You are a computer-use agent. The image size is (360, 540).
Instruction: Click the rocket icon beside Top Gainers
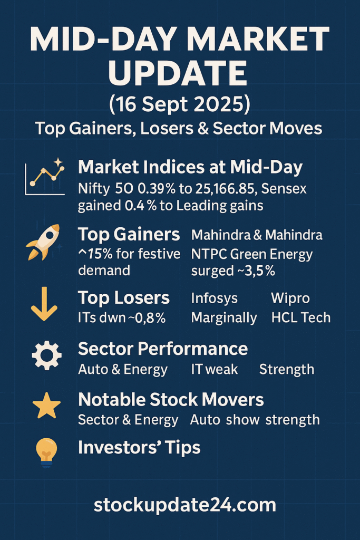43,242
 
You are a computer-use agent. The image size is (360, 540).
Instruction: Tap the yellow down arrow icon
44,304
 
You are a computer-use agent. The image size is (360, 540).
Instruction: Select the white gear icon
46,355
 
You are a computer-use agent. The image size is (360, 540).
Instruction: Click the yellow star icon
46,405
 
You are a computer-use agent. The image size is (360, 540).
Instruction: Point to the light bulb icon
46,452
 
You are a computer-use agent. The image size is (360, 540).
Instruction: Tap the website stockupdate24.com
185,505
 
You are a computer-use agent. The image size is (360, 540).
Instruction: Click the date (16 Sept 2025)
180,104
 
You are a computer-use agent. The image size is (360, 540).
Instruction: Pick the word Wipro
290,298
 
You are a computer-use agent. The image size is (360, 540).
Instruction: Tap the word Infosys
214,298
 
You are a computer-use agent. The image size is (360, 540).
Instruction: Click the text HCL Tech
301,317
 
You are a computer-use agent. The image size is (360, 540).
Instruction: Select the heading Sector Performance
163,349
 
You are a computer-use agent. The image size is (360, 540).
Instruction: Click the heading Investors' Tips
139,448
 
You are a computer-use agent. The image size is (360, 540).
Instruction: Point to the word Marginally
224,318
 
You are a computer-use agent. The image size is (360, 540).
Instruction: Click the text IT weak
214,370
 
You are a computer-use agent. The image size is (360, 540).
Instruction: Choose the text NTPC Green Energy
252,255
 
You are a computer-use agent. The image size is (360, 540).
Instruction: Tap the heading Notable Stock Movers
171,400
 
